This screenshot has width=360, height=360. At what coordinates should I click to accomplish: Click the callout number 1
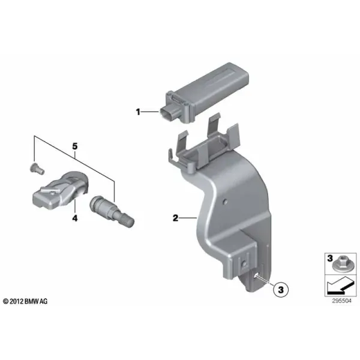click(x=138, y=112)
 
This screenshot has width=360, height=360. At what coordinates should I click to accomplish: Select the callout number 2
click(x=175, y=218)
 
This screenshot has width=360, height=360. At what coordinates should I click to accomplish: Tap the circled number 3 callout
click(x=281, y=290)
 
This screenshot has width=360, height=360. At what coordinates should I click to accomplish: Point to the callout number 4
click(x=75, y=218)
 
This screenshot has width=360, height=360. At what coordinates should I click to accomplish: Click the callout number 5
click(x=75, y=146)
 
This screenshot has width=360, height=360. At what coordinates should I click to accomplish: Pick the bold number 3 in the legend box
click(x=330, y=258)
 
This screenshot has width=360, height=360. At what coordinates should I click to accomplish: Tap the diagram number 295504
click(x=341, y=301)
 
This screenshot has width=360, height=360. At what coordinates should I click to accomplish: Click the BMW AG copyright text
click(x=25, y=301)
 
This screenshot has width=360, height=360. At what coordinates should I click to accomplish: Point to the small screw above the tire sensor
click(x=37, y=169)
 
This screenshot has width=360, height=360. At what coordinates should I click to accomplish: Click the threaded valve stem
click(x=112, y=211)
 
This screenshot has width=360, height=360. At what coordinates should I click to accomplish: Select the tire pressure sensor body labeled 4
click(x=60, y=190)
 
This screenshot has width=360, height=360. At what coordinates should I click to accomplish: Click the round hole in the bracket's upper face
click(x=225, y=202)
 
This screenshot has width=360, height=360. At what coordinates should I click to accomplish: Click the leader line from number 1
click(x=149, y=112)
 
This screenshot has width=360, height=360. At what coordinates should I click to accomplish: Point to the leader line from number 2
click(x=188, y=218)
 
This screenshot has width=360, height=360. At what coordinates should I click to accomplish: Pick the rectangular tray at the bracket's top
click(x=205, y=148)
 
